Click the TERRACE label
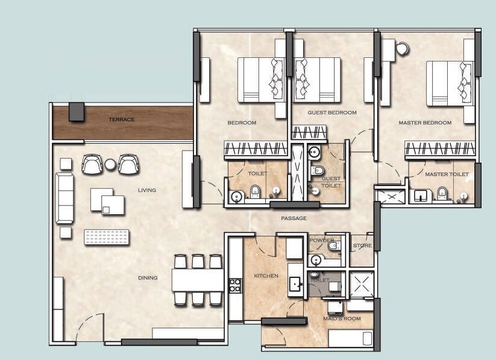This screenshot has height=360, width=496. pos(122,119)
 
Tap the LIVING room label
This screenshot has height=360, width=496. pos(146,191)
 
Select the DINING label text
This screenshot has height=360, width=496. pos(148,278)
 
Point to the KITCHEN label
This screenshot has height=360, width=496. pos(266,276)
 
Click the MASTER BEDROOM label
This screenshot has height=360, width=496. pos(425,123)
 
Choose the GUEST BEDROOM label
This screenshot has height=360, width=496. pos(332,113)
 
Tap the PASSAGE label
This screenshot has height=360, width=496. pos(294,218)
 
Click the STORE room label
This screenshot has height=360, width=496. pos(362,246)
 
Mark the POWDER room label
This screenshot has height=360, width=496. pos(321,240)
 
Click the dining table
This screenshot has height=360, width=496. pos(198,280)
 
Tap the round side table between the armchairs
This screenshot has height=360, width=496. pos(111,164)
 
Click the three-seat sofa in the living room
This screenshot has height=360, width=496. pos(64,198)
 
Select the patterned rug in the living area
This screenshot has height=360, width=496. pos(108,237)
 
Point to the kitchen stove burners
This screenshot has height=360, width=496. pos(235,285)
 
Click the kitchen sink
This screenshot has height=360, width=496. pos(295,283)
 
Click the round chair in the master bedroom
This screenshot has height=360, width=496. pos(402,48)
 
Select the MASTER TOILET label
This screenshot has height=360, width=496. pos(447,174)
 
